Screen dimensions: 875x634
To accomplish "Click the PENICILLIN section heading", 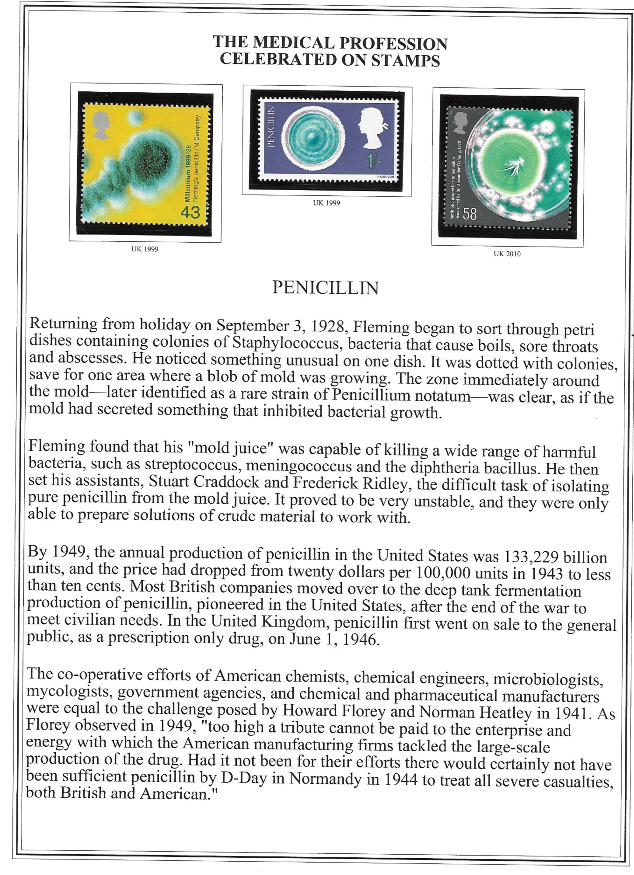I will [x=325, y=288].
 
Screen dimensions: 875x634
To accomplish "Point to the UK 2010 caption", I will [x=507, y=254].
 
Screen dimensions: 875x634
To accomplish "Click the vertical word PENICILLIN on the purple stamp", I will [x=270, y=127].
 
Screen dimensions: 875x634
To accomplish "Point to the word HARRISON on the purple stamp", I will [x=386, y=176].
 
